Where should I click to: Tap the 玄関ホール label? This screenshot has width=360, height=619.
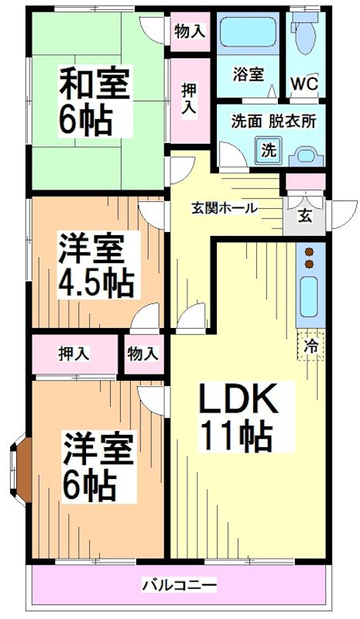(225, 208)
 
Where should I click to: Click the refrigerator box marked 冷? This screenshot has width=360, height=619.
(311, 346)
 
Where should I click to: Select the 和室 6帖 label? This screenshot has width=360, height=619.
(94, 98)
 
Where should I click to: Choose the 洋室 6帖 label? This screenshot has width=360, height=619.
(97, 466)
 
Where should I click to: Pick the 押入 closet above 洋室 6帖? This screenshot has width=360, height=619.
(74, 354)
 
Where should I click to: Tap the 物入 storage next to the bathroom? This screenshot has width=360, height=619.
(190, 32)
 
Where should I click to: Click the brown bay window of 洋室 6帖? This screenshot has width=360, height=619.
(22, 469)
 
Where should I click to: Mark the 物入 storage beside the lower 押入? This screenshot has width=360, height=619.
(143, 354)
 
